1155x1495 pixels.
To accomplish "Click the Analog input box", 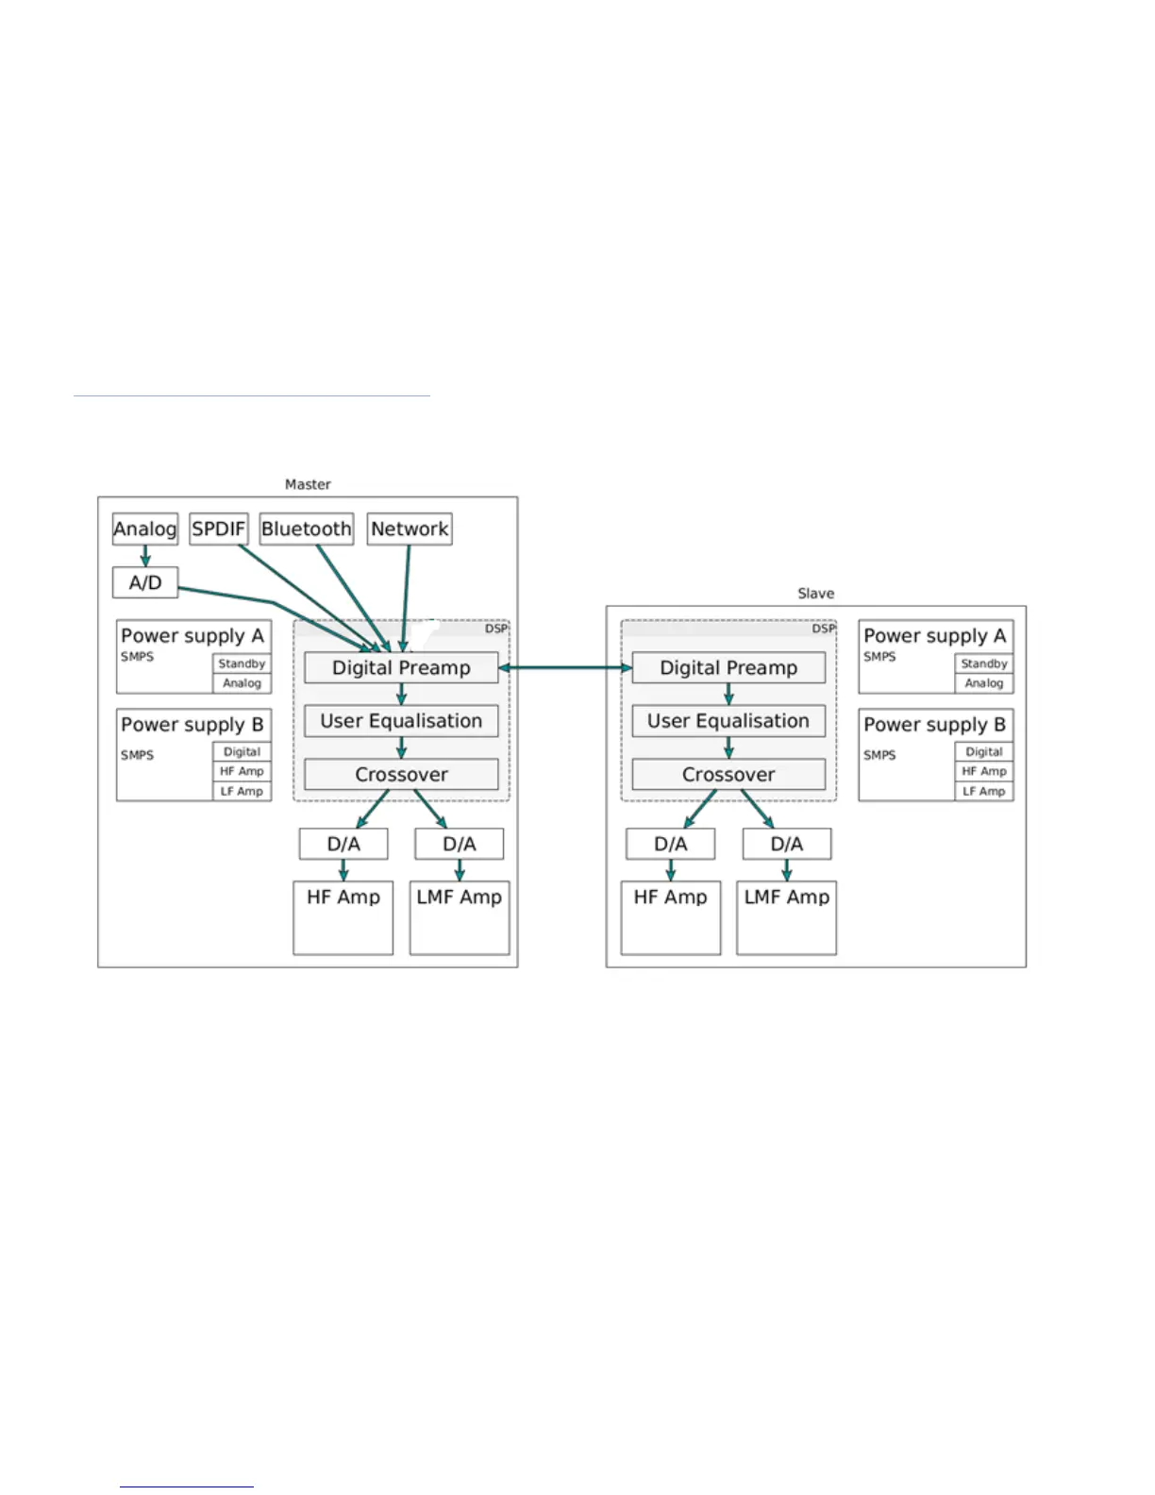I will pos(144,529).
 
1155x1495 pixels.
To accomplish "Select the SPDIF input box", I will pos(218,529).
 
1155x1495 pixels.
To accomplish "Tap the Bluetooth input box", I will pos(306,529).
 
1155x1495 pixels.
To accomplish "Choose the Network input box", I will pos(409,529).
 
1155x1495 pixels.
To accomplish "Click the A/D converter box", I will pos(144,582).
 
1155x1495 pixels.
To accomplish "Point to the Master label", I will pos(308,484).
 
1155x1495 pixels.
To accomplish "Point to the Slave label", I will pos(815,594).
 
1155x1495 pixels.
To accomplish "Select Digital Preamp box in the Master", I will pos(401,667).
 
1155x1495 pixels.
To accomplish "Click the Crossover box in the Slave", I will pos(728,774).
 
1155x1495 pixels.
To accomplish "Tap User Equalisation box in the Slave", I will pos(728,721).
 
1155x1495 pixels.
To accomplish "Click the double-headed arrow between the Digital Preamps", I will pos(564,667).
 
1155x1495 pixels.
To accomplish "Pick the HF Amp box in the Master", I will pos(343,916).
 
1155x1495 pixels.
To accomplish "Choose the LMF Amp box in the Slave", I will pos(786,916).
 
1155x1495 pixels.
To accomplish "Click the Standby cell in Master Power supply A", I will pos(242,664).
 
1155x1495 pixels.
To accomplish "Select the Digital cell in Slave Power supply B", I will pos(983,752).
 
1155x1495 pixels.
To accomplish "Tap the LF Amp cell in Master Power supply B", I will pos(242,791).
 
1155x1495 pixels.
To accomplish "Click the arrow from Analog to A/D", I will pos(144,556).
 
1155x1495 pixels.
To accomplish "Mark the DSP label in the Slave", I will pos(824,629).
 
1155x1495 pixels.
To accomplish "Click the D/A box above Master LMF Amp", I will pos(459,844).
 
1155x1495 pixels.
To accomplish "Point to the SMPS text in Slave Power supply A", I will pos(879,657).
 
